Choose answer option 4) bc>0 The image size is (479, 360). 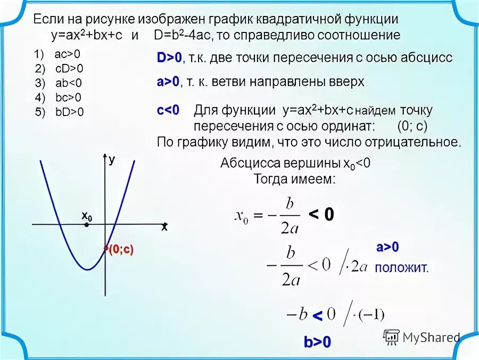point(62,97)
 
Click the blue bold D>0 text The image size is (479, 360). point(169,58)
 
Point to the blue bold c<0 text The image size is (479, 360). point(168,111)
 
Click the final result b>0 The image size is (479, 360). point(317,342)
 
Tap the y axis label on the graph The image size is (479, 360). point(112,159)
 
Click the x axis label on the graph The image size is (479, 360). point(164,227)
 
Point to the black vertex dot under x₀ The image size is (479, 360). point(86,225)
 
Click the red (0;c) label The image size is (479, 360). point(120,251)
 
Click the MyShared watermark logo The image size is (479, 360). point(421,337)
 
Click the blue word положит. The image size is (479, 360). point(401,268)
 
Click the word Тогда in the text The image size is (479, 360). point(270,179)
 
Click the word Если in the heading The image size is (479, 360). point(46,20)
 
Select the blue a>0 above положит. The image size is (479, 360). point(387,247)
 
